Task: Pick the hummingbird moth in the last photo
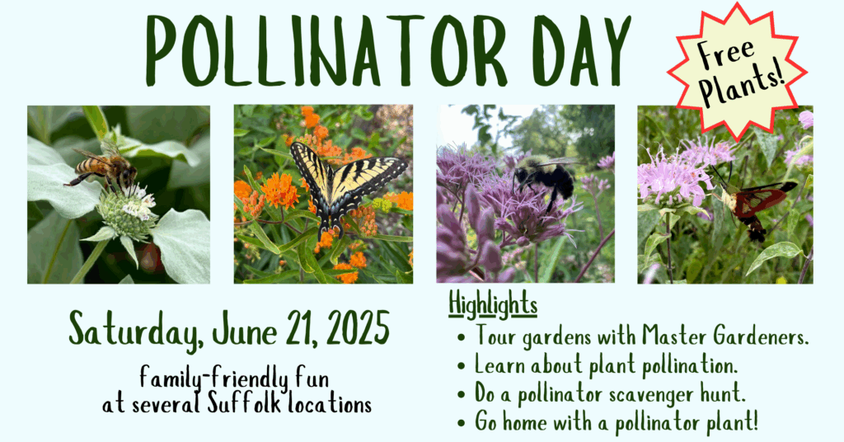[x=753, y=205]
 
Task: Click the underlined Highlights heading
[x=493, y=305]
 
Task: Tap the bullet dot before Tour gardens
[x=461, y=339]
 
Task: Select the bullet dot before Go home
[x=461, y=422]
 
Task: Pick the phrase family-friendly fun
[x=234, y=378]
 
